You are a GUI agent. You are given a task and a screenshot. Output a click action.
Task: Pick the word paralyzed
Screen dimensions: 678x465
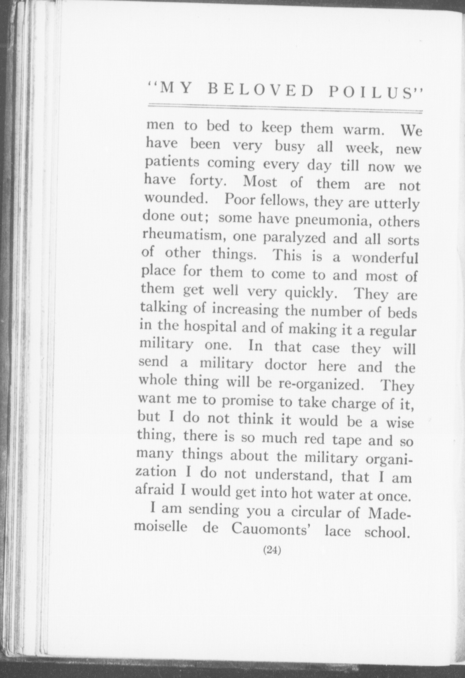(x=294, y=238)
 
